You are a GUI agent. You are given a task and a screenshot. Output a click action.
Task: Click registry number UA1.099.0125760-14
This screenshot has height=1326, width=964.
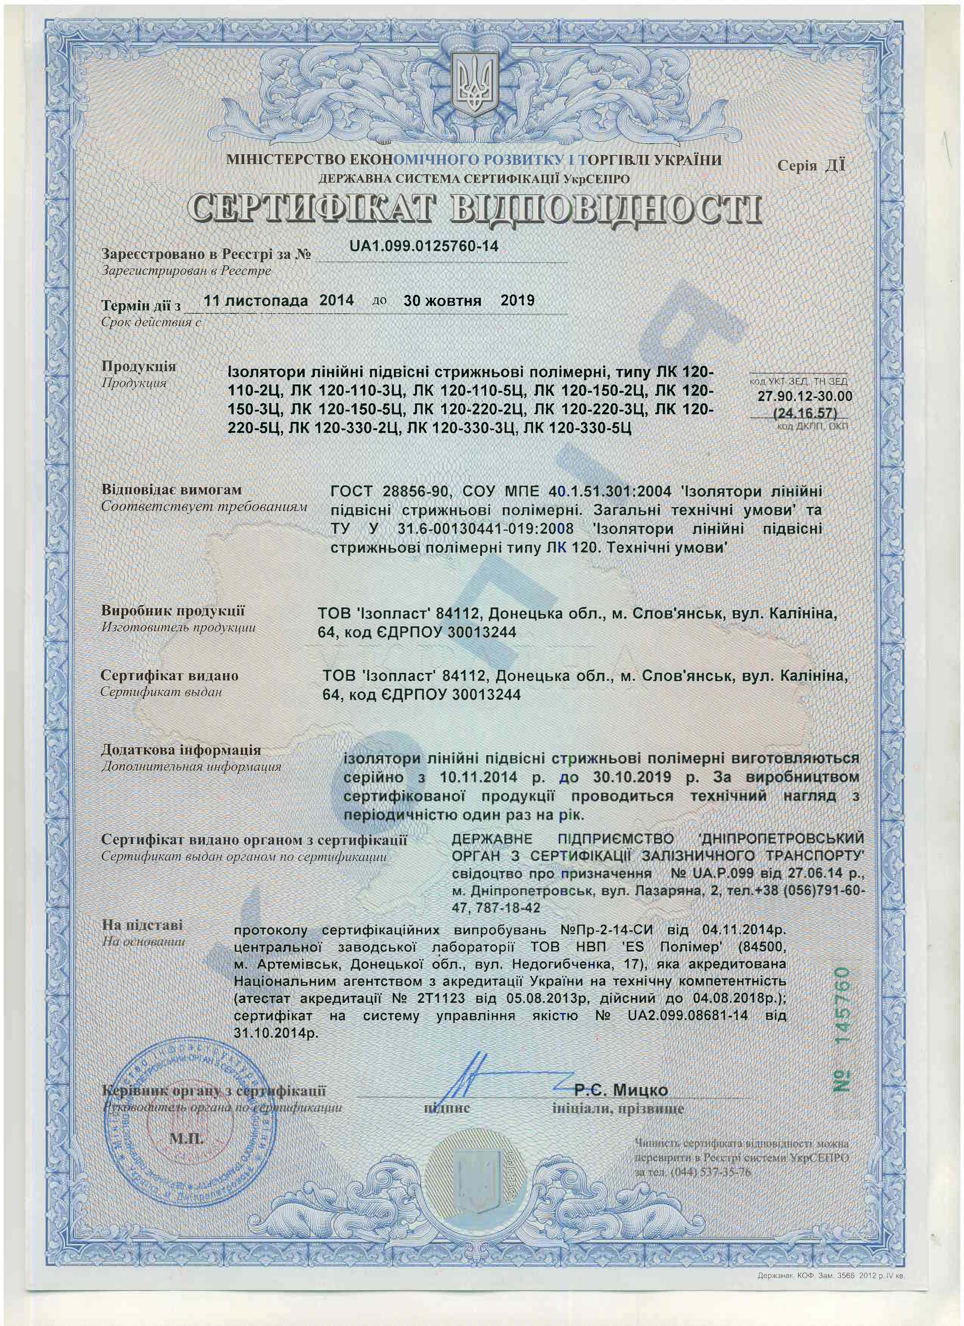pos(424,246)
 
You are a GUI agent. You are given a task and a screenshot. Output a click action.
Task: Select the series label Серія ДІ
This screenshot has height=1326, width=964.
pos(811,166)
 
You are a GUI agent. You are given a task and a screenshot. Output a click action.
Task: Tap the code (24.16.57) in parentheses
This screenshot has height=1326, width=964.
pos(805,414)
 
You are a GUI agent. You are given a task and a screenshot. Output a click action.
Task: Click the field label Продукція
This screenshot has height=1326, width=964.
pos(138,367)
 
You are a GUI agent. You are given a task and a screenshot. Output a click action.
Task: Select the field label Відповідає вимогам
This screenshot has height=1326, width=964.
pos(171,490)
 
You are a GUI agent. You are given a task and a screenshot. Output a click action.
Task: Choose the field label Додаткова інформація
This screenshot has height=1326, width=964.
pos(181,750)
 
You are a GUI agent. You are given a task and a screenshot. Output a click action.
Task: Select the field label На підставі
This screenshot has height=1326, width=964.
pos(142,925)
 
